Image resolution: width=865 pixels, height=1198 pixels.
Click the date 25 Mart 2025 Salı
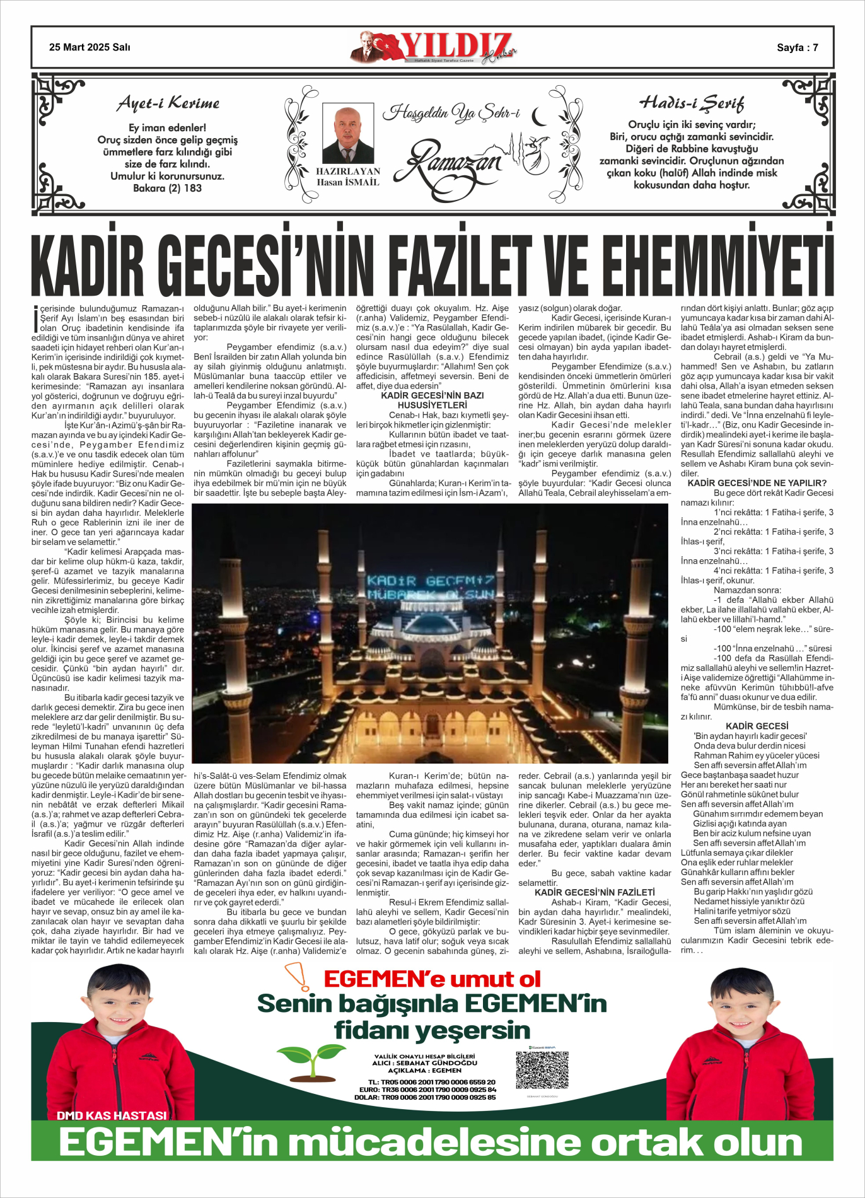pos(90,47)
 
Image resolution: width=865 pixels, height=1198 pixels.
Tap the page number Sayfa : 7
pos(797,47)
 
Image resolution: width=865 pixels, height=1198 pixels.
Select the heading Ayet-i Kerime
pos(168,103)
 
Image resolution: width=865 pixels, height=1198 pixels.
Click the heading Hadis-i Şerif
pos(692,103)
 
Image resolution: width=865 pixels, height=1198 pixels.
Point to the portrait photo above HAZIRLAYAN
pos(347,134)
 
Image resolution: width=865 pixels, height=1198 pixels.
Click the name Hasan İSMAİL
pos(347,183)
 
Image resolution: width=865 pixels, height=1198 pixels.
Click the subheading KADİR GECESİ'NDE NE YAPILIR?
pos(757,483)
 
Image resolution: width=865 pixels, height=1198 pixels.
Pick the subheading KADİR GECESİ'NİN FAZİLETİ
pos(595,892)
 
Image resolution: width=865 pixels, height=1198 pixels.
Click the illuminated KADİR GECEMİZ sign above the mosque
pos(430,587)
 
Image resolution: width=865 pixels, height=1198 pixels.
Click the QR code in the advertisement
pos(542,1069)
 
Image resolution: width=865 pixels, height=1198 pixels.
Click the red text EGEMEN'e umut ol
pos(432,979)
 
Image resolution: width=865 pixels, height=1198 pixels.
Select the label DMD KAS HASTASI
pos(112,1115)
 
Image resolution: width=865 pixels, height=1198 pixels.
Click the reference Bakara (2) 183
pos(167,188)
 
